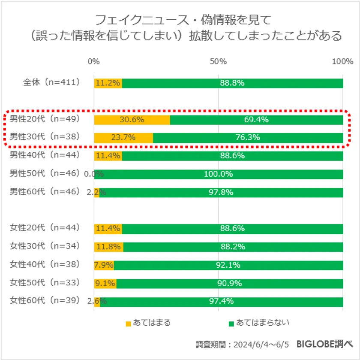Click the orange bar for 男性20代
(x=132, y=120)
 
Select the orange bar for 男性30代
(x=123, y=138)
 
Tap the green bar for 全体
(x=232, y=83)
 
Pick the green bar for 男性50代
(x=219, y=174)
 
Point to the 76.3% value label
(x=247, y=138)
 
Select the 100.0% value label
(x=219, y=174)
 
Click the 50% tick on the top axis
(x=218, y=61)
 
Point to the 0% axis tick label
(x=93, y=61)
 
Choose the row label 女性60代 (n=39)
(x=45, y=301)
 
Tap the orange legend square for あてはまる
(x=128, y=323)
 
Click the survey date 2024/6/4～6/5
(x=261, y=345)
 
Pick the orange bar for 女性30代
(x=108, y=247)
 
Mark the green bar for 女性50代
(x=229, y=284)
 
